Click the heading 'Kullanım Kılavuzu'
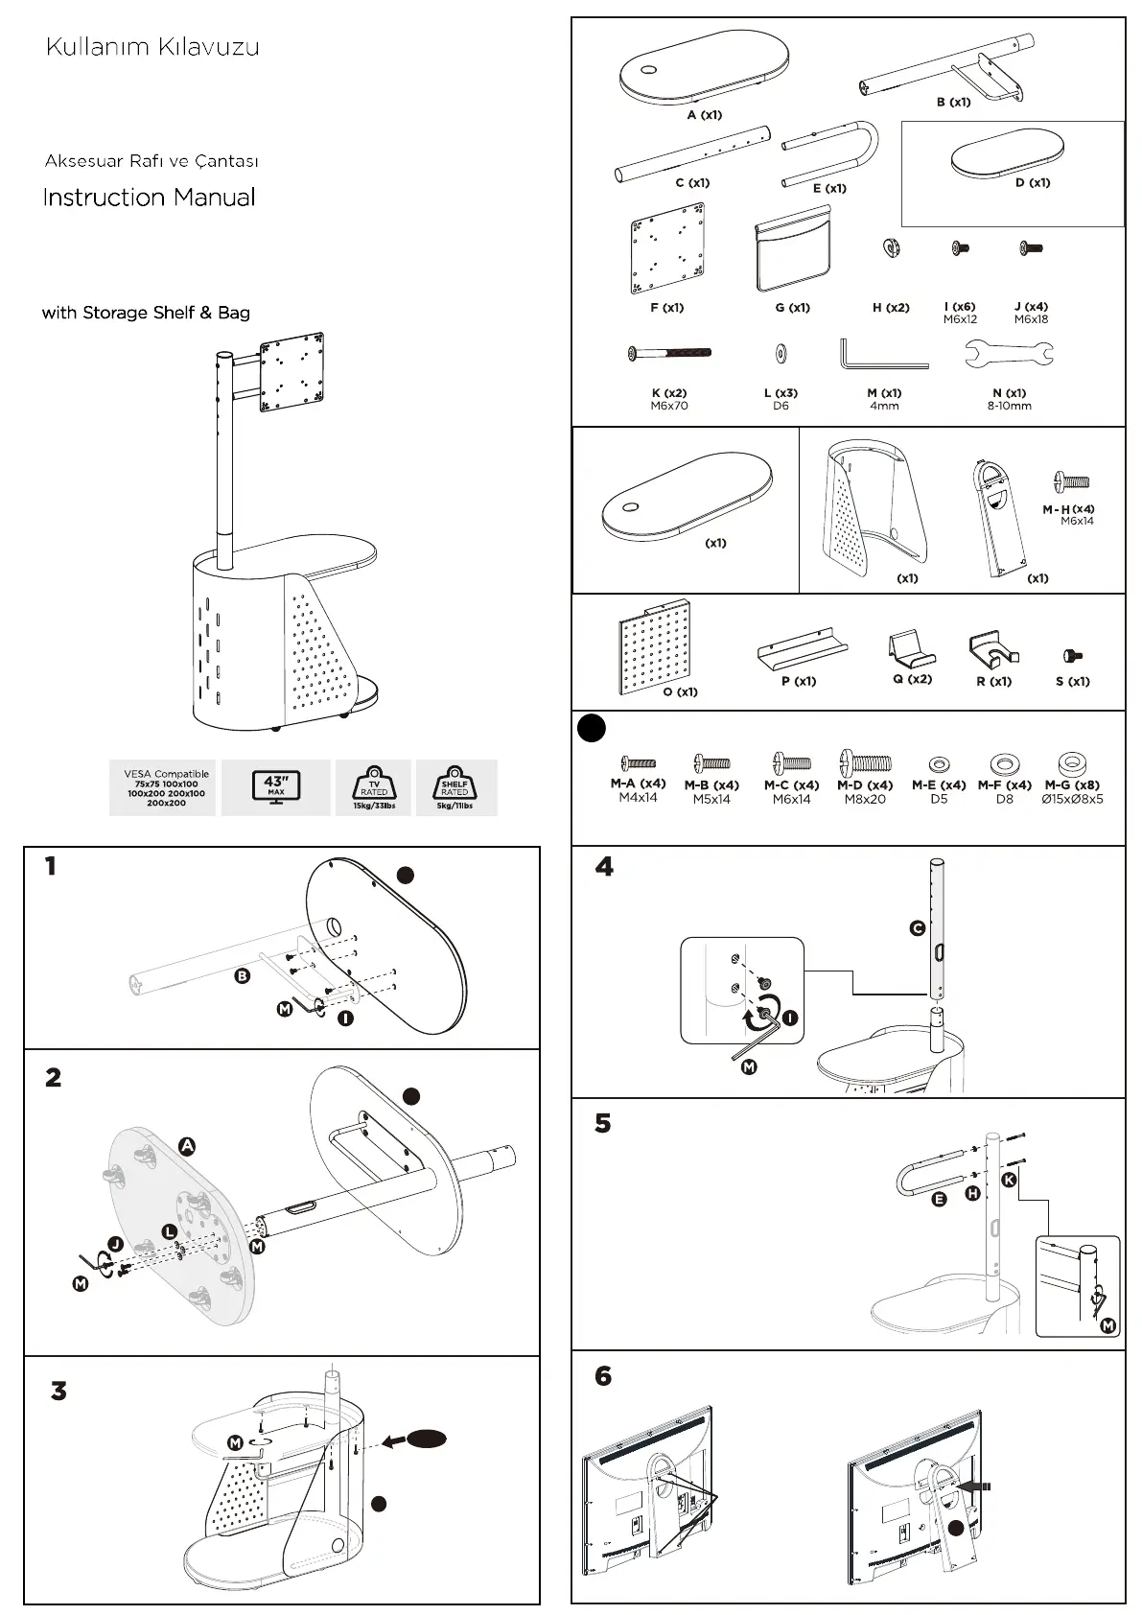click(152, 47)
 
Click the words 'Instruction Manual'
click(149, 198)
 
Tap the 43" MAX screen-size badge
click(276, 787)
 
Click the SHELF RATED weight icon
click(454, 787)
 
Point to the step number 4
click(604, 867)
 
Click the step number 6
click(603, 1376)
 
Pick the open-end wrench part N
click(1009, 355)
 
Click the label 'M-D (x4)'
click(865, 784)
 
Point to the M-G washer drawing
click(1070, 763)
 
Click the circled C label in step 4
click(918, 928)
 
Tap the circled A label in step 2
click(187, 1145)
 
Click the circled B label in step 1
click(243, 976)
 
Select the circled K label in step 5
click(1009, 1180)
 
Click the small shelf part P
click(802, 649)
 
